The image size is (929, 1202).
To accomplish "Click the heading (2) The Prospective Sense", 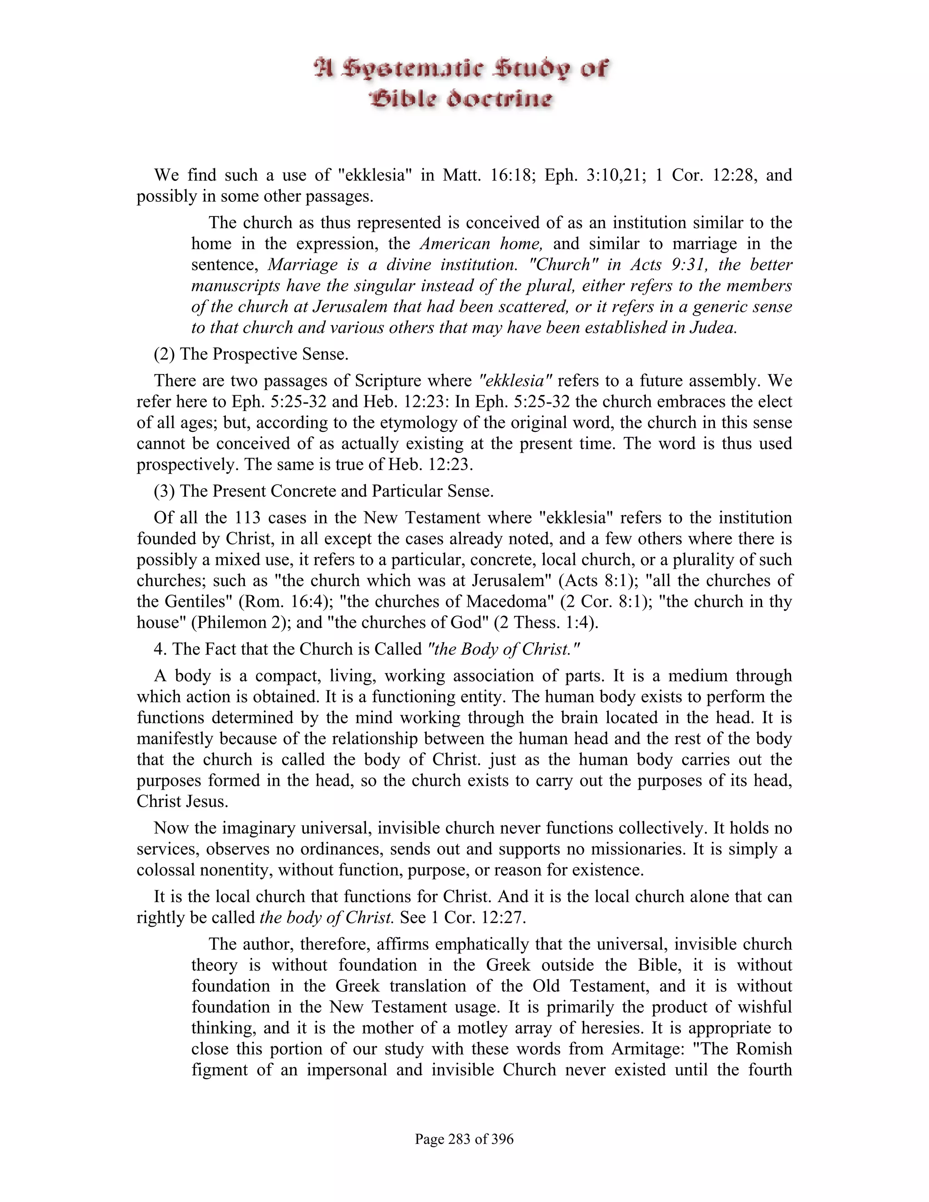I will pos(251,353).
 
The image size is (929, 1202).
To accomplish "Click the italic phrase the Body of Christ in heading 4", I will pos(504,649).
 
